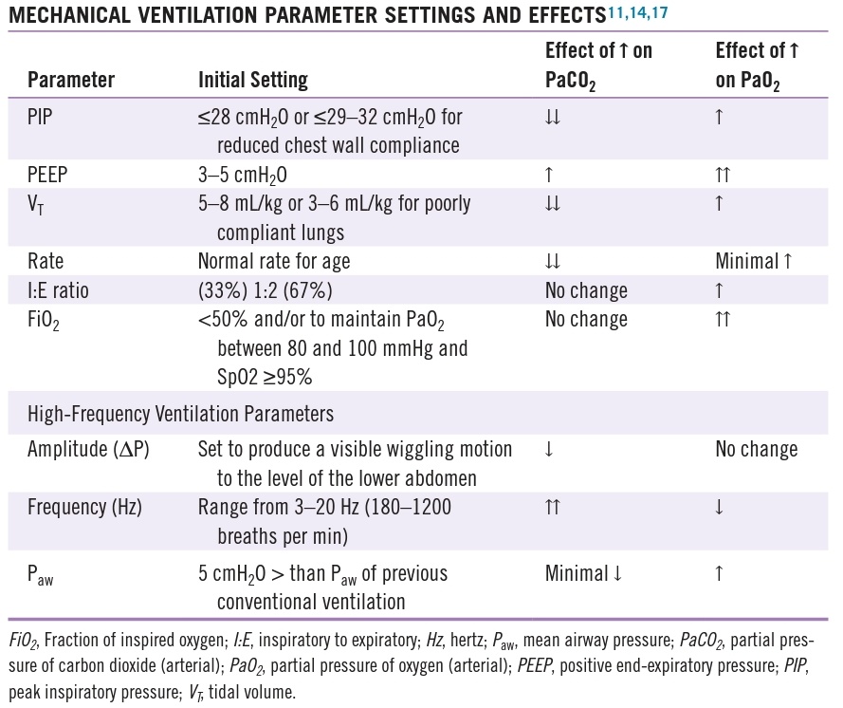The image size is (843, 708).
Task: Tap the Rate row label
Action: (46, 261)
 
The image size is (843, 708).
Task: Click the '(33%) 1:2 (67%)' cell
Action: (268, 290)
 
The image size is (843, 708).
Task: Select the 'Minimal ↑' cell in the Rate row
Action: (757, 261)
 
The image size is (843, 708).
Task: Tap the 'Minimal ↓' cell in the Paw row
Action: (584, 573)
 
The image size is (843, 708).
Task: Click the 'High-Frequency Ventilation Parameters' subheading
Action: (180, 413)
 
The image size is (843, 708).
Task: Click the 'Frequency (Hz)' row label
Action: (84, 506)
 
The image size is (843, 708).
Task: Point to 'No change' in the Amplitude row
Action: (756, 449)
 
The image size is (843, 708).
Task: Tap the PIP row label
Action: (41, 118)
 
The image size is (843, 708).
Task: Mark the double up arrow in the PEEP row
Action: (724, 176)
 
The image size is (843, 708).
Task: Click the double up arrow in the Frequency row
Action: (554, 507)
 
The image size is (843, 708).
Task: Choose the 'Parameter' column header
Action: (71, 80)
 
